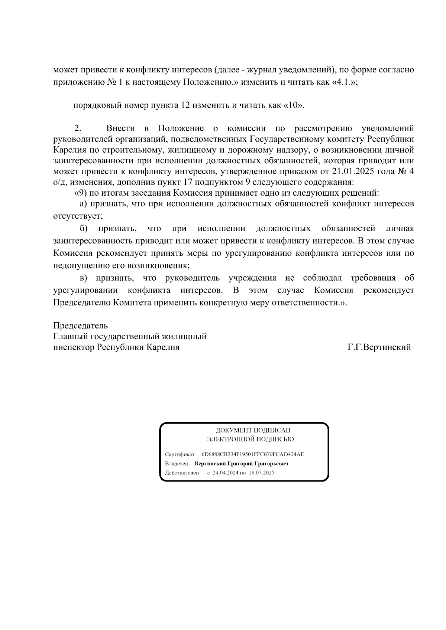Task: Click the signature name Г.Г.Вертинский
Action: click(x=379, y=347)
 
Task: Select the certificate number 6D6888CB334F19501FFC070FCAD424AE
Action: click(x=252, y=454)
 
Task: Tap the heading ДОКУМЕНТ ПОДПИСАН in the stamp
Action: click(x=253, y=430)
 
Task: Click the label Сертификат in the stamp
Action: click(x=180, y=454)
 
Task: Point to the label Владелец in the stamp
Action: click(x=177, y=464)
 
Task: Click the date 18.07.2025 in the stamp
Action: click(x=262, y=473)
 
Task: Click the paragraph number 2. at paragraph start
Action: click(x=78, y=129)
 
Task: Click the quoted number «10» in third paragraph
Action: click(x=294, y=105)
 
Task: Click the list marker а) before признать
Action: click(x=83, y=204)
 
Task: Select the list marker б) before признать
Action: click(x=83, y=228)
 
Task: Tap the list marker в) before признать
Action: click(x=83, y=278)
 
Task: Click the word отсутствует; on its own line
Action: click(x=78, y=216)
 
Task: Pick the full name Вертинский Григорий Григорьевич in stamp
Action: click(x=242, y=464)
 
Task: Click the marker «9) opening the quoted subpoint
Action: click(x=81, y=193)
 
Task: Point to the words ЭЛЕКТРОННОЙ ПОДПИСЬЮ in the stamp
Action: click(x=251, y=440)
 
